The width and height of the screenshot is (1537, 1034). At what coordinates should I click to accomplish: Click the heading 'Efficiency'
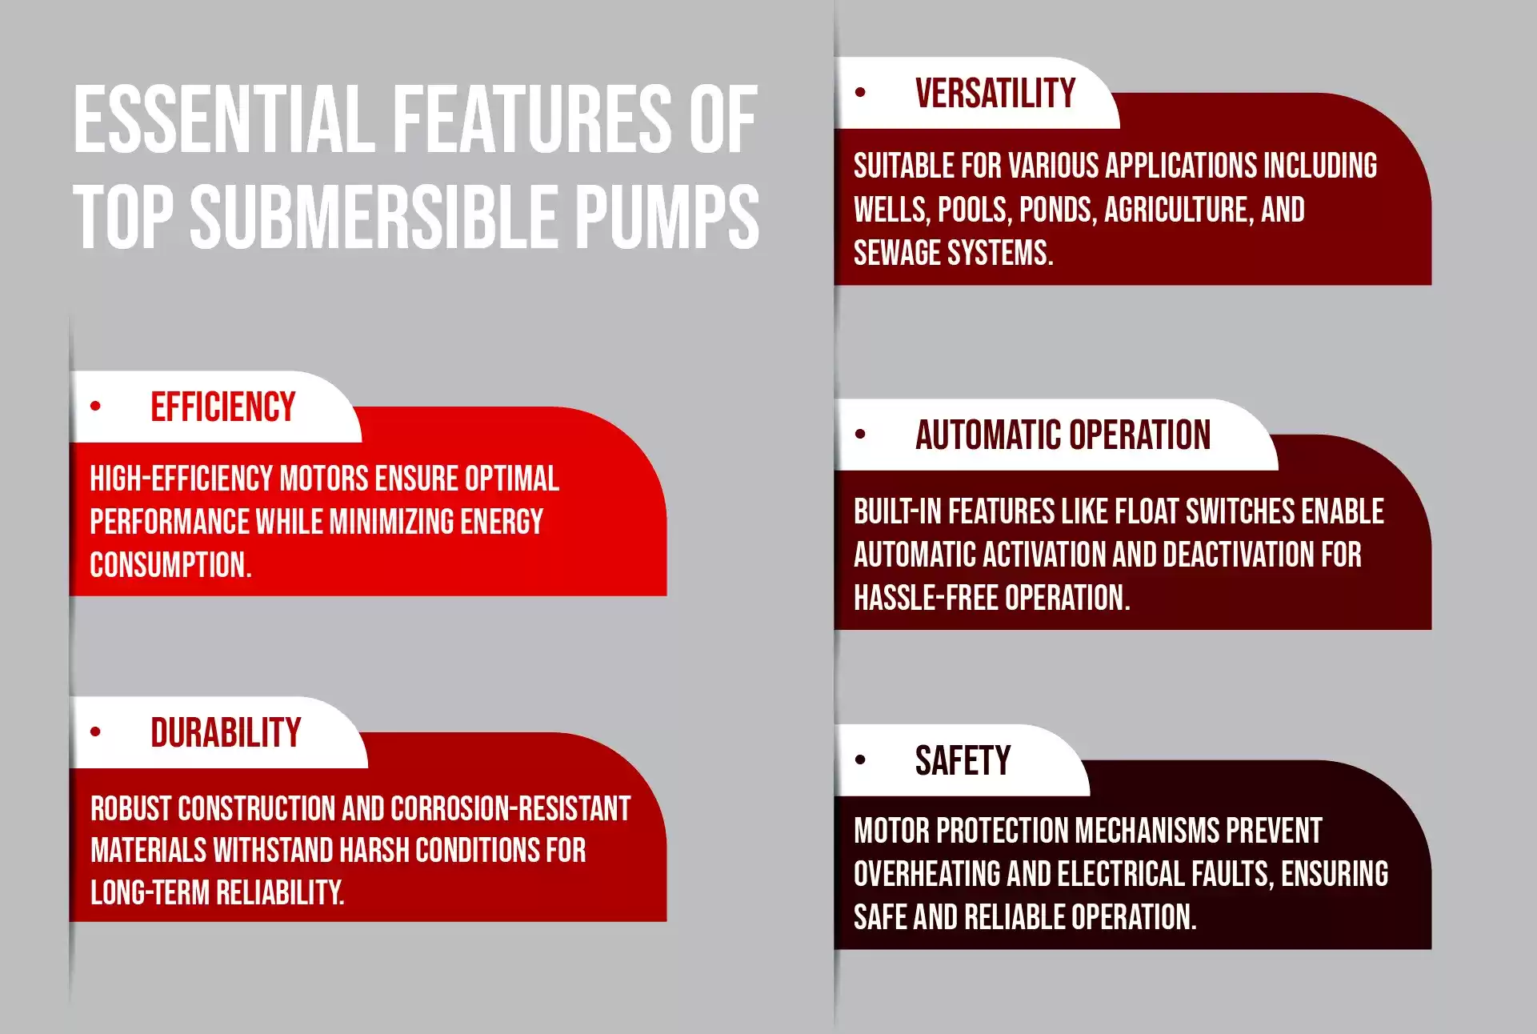pos(223,407)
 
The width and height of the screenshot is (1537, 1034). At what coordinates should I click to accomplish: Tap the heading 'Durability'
pos(226,732)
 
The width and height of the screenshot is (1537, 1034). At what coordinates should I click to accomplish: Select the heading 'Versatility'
pos(995,93)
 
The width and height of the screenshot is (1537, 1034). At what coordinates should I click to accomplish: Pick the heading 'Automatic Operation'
pos(1063,435)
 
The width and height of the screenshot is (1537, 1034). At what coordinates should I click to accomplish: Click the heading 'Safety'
pos(963,760)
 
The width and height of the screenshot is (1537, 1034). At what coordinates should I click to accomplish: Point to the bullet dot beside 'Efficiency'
pos(96,406)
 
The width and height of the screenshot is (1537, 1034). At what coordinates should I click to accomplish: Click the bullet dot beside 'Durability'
pos(96,731)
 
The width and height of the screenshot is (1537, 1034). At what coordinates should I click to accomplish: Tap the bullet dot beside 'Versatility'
pos(860,92)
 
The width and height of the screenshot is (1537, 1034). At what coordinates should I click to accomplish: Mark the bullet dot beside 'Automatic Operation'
pos(860,435)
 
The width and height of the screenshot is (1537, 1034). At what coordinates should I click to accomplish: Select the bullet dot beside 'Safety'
pos(860,759)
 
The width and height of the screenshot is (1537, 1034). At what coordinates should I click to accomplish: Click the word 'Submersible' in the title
pos(374,216)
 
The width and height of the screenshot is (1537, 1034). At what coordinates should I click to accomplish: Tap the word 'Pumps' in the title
pos(667,216)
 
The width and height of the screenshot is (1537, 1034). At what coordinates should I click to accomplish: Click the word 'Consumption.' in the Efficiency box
pos(170,565)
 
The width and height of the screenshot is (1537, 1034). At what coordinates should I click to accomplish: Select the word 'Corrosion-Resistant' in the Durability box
pos(510,808)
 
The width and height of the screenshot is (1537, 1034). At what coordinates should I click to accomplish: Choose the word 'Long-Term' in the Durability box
pos(149,892)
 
